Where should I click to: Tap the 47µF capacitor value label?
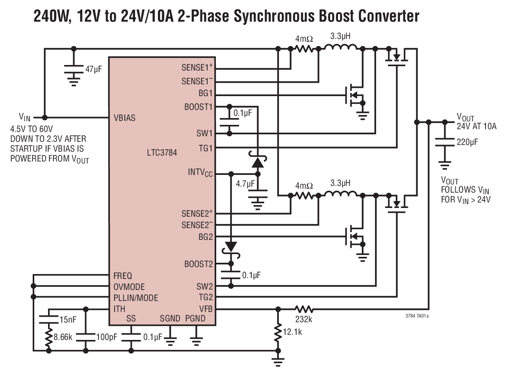click(94, 70)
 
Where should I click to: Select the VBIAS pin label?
click(124, 118)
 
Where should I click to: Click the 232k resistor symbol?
click(303, 309)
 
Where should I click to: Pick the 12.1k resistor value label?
click(292, 332)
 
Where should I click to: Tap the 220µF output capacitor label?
click(467, 142)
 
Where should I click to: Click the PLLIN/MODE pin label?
click(135, 298)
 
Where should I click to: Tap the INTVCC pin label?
click(200, 173)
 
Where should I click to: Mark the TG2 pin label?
click(205, 297)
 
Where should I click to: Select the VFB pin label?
click(206, 309)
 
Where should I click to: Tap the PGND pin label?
click(195, 318)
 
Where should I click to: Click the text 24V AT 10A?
click(477, 126)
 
